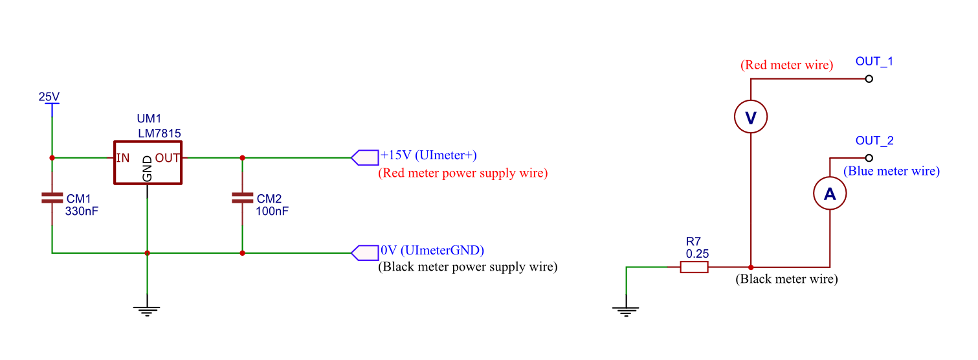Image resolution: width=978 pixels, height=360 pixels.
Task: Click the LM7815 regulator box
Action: pos(148,163)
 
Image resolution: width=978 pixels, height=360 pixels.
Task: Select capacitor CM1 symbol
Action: pos(52,197)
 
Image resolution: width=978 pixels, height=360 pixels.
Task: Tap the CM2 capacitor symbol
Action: pos(242,197)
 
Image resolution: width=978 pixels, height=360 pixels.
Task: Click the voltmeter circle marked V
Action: pos(751,117)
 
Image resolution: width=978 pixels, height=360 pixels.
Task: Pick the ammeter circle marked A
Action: pos(830,194)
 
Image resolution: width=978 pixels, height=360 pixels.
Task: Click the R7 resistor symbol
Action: pos(694,267)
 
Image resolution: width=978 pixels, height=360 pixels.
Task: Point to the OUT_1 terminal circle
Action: pos(869,79)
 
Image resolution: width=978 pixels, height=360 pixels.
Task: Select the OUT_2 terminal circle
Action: pos(869,158)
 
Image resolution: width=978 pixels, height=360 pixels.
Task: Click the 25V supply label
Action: pos(49,97)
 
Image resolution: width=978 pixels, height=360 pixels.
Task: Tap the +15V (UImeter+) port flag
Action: pos(364,157)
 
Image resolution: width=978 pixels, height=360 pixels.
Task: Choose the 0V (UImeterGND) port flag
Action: pos(364,253)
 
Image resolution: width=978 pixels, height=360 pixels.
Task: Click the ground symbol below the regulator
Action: pos(148,310)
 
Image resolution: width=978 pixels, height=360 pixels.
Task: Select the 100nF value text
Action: pos(272,211)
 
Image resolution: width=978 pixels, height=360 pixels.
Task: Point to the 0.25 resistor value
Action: pos(697,254)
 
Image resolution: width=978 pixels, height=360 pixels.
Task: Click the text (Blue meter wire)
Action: pos(891,172)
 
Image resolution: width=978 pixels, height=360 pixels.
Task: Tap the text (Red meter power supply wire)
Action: pos(462,174)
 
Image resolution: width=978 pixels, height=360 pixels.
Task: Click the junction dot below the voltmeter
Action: pos(751,267)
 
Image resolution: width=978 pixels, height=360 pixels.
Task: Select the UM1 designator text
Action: pos(149,119)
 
